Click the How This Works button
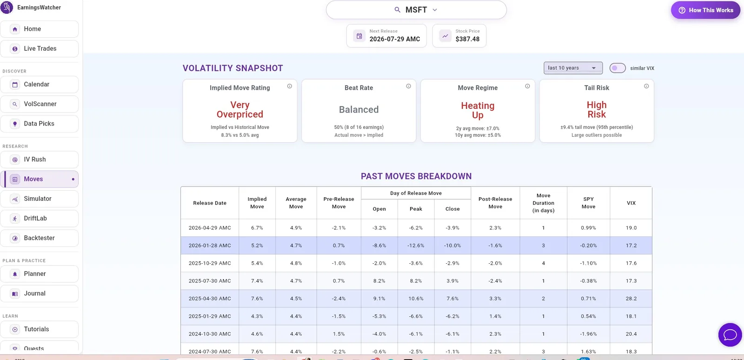[x=705, y=10]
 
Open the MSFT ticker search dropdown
[x=416, y=10]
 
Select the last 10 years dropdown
[x=573, y=68]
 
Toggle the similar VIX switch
[x=618, y=68]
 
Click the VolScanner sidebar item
[x=40, y=104]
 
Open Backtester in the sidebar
[x=40, y=238]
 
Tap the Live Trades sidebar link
[x=40, y=48]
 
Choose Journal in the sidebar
[x=40, y=293]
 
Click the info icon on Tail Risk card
[x=646, y=86]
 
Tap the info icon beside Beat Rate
[x=409, y=86]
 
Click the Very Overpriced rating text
[x=240, y=110]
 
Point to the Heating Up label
[x=478, y=110]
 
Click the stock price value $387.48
[x=467, y=39]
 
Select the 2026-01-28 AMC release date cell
[x=210, y=246]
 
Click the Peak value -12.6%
[x=416, y=246]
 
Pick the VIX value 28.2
[x=631, y=299]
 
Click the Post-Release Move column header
[x=495, y=203]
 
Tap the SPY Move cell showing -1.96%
[x=588, y=334]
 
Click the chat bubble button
[x=730, y=335]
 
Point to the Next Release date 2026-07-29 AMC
[x=395, y=39]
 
